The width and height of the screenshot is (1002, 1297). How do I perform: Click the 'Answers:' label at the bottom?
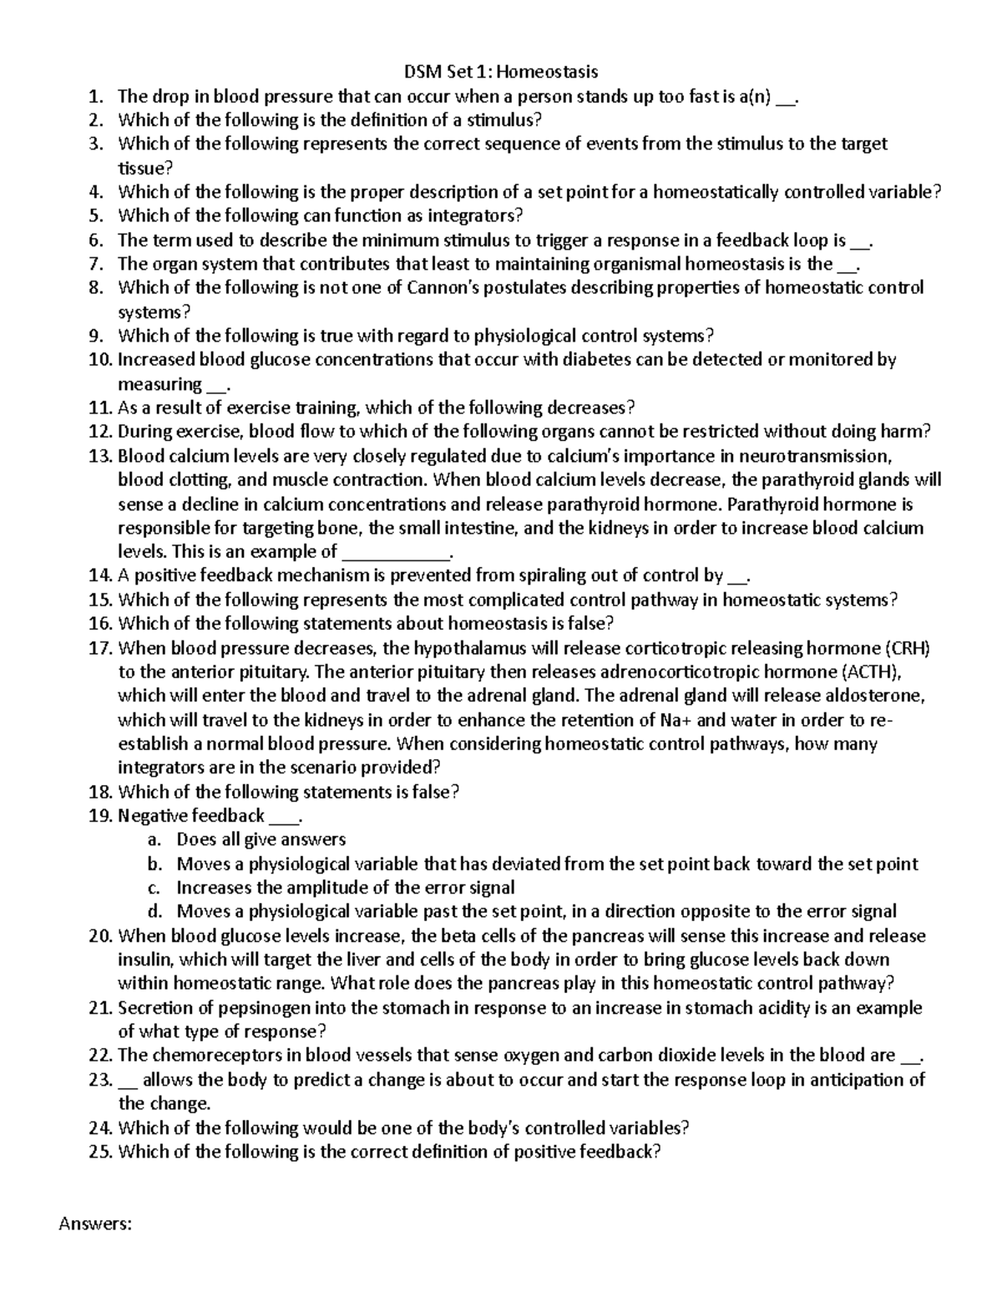click(x=95, y=1224)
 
